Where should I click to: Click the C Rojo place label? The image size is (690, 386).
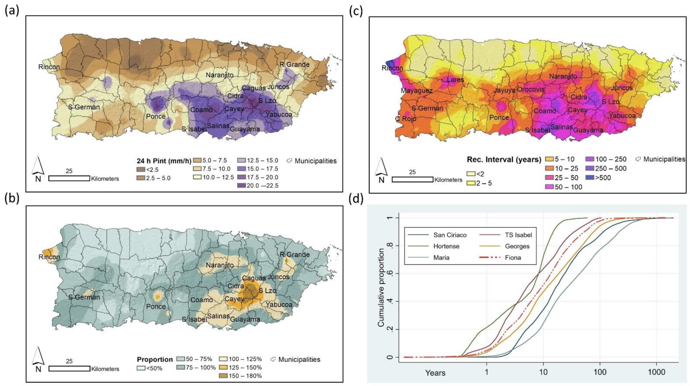coord(406,119)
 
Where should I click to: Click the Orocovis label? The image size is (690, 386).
coord(531,89)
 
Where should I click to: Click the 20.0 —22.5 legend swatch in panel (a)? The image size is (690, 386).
coord(241,186)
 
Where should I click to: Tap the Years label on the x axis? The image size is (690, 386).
coord(435,373)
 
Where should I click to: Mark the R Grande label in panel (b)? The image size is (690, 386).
coord(294,255)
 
